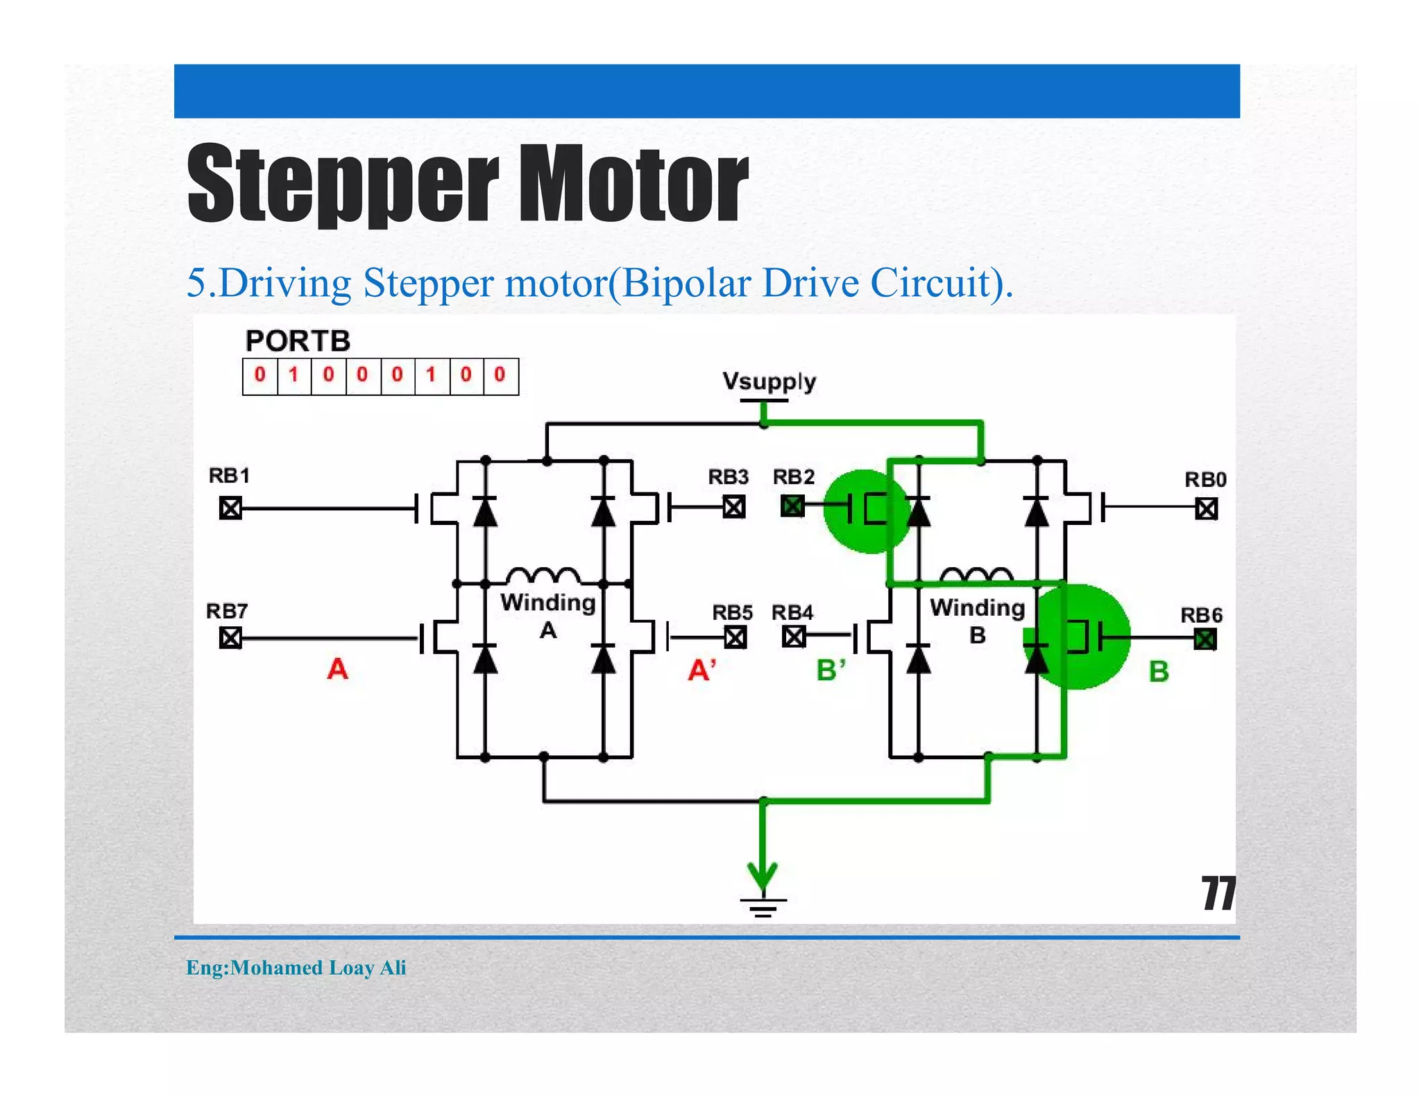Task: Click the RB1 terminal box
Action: [x=230, y=508]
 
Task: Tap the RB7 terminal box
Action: [x=230, y=637]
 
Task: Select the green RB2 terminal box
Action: [x=792, y=506]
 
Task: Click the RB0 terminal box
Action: [x=1207, y=510]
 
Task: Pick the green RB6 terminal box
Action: [x=1205, y=639]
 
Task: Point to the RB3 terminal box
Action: [x=734, y=507]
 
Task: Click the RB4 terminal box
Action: [x=794, y=636]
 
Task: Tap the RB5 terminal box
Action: [x=735, y=637]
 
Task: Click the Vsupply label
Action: [x=769, y=382]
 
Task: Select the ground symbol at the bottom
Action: [x=763, y=905]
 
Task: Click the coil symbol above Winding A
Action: [x=543, y=576]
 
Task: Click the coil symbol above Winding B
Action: [x=976, y=574]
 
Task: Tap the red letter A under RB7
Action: [x=337, y=669]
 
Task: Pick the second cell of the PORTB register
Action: [x=294, y=376]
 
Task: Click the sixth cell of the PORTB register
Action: [x=432, y=376]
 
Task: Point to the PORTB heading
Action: [x=298, y=341]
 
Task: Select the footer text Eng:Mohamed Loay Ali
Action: [x=296, y=967]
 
